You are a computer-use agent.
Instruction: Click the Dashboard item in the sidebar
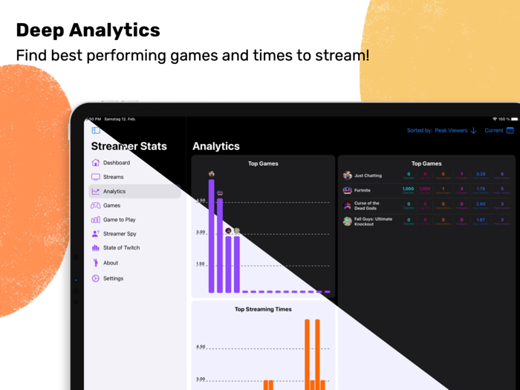pyautogui.click(x=116, y=163)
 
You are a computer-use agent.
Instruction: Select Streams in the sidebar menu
pyautogui.click(x=113, y=177)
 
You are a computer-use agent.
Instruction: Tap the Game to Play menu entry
pyautogui.click(x=119, y=220)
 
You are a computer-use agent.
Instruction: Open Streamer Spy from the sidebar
pyautogui.click(x=119, y=234)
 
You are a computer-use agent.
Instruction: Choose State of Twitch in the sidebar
pyautogui.click(x=121, y=248)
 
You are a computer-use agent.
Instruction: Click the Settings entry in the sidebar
pyautogui.click(x=113, y=279)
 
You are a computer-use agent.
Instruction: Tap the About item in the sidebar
pyautogui.click(x=110, y=263)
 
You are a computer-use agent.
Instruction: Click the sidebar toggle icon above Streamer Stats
pyautogui.click(x=96, y=131)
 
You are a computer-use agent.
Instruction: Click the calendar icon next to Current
pyautogui.click(x=510, y=131)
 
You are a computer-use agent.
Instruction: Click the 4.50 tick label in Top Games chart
pyautogui.click(x=201, y=201)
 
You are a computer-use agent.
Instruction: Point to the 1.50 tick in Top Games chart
pyautogui.click(x=201, y=264)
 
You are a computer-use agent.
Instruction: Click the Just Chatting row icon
pyautogui.click(x=347, y=176)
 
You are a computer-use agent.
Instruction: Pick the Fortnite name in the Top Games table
pyautogui.click(x=363, y=191)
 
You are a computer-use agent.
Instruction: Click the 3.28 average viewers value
pyautogui.click(x=481, y=175)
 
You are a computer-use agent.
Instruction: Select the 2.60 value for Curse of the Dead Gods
pyautogui.click(x=481, y=204)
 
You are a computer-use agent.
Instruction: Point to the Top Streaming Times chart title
pyautogui.click(x=263, y=309)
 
